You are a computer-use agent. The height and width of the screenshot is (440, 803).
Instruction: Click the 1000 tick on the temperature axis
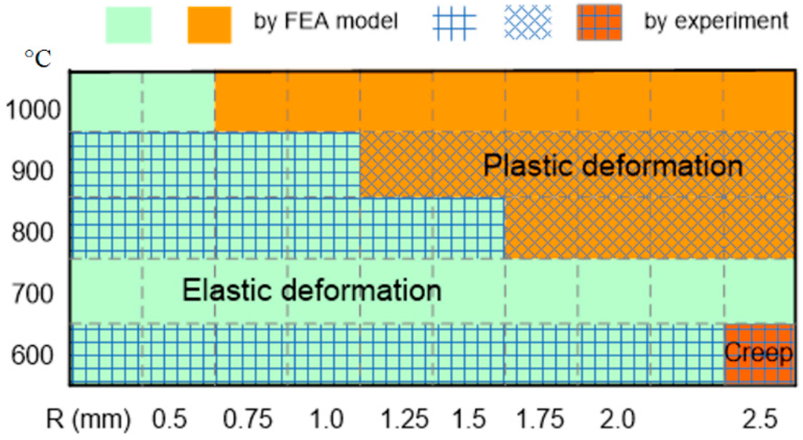[x=33, y=108]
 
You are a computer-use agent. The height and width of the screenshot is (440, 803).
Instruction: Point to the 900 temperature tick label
[x=33, y=169]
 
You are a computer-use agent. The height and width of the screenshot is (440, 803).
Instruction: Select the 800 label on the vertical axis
[x=33, y=231]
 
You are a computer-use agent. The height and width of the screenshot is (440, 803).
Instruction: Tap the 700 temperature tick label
[x=33, y=295]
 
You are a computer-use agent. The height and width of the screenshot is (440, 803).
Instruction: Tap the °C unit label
[x=38, y=60]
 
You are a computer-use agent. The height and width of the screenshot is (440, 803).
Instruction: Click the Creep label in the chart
[x=758, y=352]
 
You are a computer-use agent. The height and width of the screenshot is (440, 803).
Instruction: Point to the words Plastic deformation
[x=612, y=165]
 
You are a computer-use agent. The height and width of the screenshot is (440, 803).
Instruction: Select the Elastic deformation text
[x=312, y=290]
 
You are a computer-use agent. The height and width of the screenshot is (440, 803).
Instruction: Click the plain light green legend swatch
[x=129, y=24]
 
